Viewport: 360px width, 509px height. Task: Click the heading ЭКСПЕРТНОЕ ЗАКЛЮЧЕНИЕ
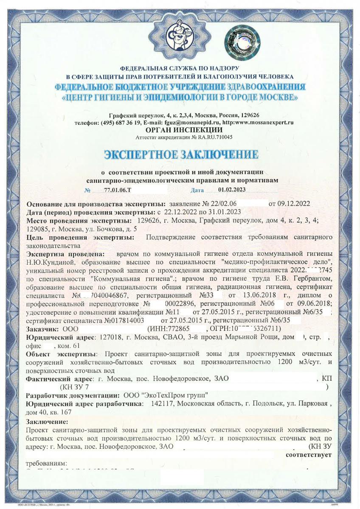point(180,154)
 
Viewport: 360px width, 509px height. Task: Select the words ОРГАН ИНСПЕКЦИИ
point(183,130)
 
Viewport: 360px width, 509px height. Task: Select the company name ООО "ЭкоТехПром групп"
point(165,395)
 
